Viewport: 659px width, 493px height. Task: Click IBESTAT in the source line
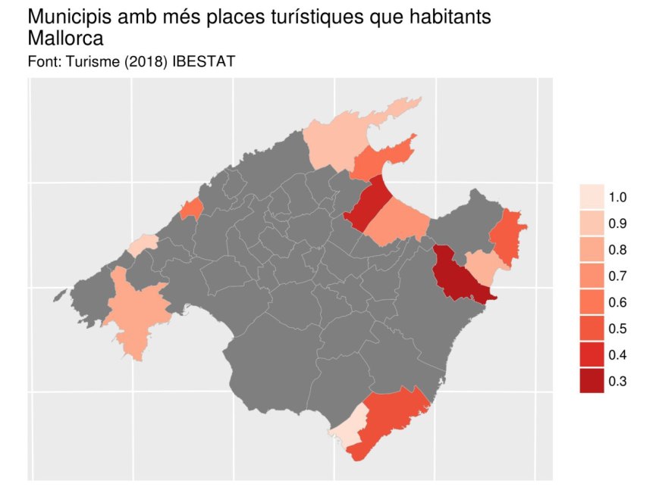[x=204, y=61]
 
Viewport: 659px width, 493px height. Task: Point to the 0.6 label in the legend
[x=617, y=303]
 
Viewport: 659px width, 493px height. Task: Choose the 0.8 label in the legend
[x=617, y=251]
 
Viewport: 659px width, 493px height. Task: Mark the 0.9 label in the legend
[x=617, y=224]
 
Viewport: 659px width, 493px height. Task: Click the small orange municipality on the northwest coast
[x=191, y=208]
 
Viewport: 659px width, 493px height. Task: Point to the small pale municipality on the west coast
[x=143, y=245]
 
